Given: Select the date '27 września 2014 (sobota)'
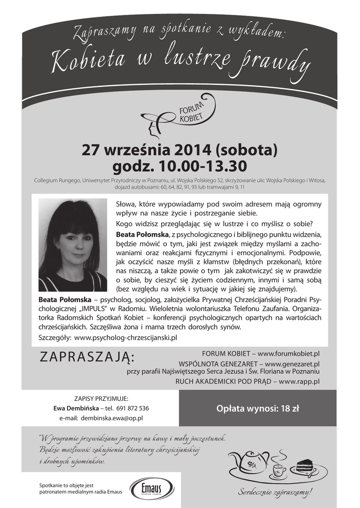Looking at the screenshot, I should [x=180, y=149].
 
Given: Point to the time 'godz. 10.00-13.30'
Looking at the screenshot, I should [x=180, y=166].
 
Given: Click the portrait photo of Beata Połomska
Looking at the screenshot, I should [x=72, y=245].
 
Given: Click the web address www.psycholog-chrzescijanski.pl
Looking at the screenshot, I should [x=125, y=337].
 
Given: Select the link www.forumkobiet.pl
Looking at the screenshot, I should [x=288, y=353].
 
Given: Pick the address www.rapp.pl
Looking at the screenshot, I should [x=299, y=381].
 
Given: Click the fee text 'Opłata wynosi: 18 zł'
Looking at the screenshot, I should [x=258, y=409].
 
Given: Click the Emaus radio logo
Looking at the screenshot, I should [x=151, y=488].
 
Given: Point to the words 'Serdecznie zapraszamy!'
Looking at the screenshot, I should [x=276, y=492].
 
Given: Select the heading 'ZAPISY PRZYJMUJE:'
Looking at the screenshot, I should [x=101, y=398].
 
